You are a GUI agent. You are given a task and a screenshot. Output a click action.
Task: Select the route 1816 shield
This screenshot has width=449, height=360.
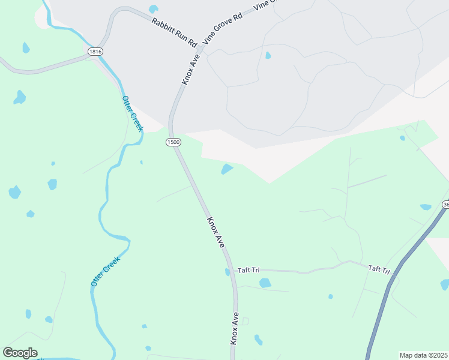pos(95,52)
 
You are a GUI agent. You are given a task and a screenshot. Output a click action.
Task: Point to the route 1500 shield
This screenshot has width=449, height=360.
pos(173,142)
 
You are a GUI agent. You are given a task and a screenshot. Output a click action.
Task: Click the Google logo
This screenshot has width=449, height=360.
pos(20,353)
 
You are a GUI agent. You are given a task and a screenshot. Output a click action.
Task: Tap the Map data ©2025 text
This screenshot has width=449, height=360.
pos(423,355)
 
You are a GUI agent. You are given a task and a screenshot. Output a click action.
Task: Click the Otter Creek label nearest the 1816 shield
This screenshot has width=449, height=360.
pos(133,114)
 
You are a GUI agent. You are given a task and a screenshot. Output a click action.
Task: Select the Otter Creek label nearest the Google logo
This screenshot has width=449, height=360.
pos(106,271)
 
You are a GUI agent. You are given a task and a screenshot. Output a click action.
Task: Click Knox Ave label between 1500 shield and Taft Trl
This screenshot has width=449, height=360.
pos(215,233)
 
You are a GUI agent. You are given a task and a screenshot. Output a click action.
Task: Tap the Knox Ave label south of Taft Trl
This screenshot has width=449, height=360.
pos(235,328)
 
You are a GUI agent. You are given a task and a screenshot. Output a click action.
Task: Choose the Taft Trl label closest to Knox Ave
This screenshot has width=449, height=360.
pos(247,271)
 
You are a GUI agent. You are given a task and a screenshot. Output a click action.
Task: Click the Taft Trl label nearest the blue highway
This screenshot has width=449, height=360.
pos(379,270)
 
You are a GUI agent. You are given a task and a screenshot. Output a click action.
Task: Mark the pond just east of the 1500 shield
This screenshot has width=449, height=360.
pos(227,169)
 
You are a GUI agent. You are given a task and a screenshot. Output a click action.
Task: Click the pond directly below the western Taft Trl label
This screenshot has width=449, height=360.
pos(265,283)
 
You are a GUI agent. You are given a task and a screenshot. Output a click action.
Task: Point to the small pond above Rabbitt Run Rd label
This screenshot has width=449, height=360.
pos(154,9)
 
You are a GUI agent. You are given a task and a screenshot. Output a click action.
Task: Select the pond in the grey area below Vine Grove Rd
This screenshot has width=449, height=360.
pos(268,56)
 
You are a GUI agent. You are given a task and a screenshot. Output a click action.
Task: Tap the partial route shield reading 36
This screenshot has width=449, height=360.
pos(445,205)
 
